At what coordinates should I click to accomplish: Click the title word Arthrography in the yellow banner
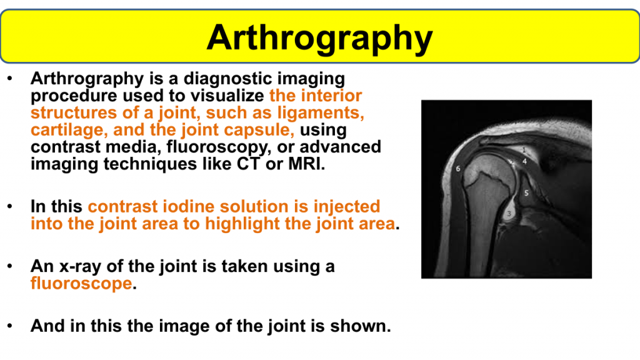tap(319, 39)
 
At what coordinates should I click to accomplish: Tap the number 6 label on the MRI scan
tap(458, 169)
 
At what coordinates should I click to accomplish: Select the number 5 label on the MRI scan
tap(526, 193)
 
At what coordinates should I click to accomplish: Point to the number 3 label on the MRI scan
tap(509, 214)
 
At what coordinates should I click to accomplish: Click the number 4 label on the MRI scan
tap(524, 162)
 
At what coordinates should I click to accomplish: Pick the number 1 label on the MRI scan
tap(524, 151)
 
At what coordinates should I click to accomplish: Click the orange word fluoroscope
tap(81, 283)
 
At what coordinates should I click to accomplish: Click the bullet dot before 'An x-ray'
tap(10, 266)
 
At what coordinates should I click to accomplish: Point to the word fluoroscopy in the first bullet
tap(219, 147)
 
